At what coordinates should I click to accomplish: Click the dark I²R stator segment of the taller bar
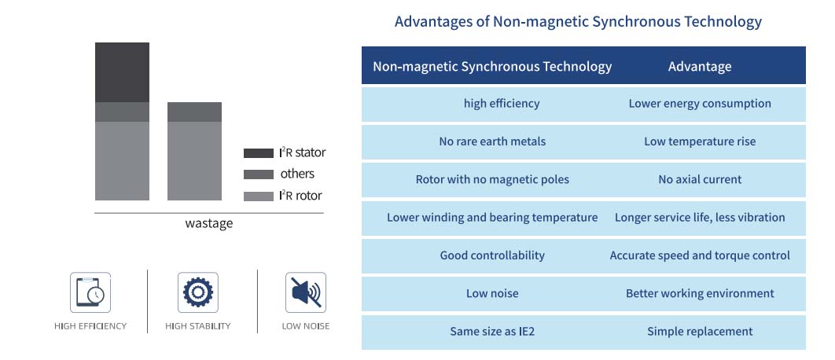pos(122,72)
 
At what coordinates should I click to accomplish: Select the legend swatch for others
pos(258,174)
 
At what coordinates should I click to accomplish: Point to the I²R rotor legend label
pos(300,196)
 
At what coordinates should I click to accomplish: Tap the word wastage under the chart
pos(209,223)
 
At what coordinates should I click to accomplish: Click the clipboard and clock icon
pos(90,292)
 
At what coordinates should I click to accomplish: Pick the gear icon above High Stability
pos(198,292)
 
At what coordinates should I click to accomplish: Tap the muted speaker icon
pos(306,292)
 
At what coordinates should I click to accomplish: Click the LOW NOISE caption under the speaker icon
pos(306,326)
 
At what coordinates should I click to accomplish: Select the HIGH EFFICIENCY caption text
pos(90,326)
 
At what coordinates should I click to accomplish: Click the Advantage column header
pos(700,67)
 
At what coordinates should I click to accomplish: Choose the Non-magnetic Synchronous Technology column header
pos(492,67)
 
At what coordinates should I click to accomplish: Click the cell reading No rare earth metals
pos(492,141)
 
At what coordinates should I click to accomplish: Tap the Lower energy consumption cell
pos(700,103)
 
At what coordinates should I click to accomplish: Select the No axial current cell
pos(700,179)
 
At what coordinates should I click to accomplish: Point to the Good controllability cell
pos(492,255)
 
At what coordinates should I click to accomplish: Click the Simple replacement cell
pos(700,332)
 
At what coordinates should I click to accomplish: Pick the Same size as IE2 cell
pos(492,332)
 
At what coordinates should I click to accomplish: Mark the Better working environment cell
pos(700,293)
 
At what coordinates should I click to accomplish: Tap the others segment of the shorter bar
pos(194,112)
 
